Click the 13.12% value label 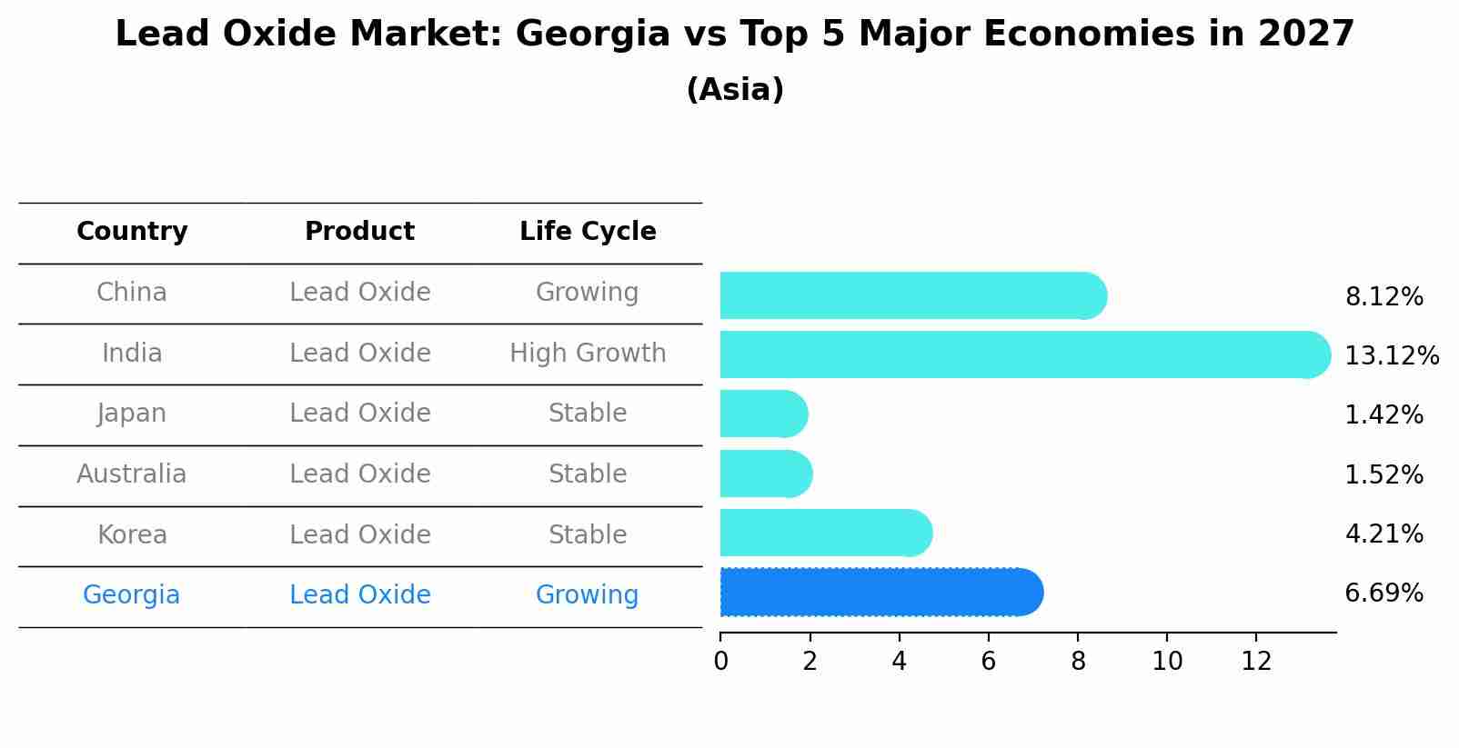[1391, 355]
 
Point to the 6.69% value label [1384, 593]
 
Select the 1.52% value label [1384, 474]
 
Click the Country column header [132, 232]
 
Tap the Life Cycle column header [588, 232]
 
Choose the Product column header [359, 232]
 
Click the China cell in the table [132, 293]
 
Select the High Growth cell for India [588, 353]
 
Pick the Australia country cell [132, 474]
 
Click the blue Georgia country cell [132, 595]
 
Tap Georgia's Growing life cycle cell [588, 595]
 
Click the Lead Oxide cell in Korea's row [359, 534]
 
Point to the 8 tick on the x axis [1078, 662]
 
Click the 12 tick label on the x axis [1256, 662]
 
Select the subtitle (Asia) [735, 90]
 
